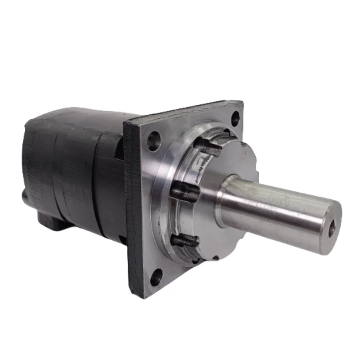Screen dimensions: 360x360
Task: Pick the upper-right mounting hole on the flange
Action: [x=235, y=119]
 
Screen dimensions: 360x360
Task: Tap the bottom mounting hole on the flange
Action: [x=156, y=276]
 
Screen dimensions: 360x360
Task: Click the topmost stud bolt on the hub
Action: [x=208, y=147]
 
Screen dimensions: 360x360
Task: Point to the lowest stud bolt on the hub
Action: [x=185, y=241]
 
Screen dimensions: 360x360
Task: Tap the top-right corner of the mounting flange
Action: [x=241, y=104]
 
